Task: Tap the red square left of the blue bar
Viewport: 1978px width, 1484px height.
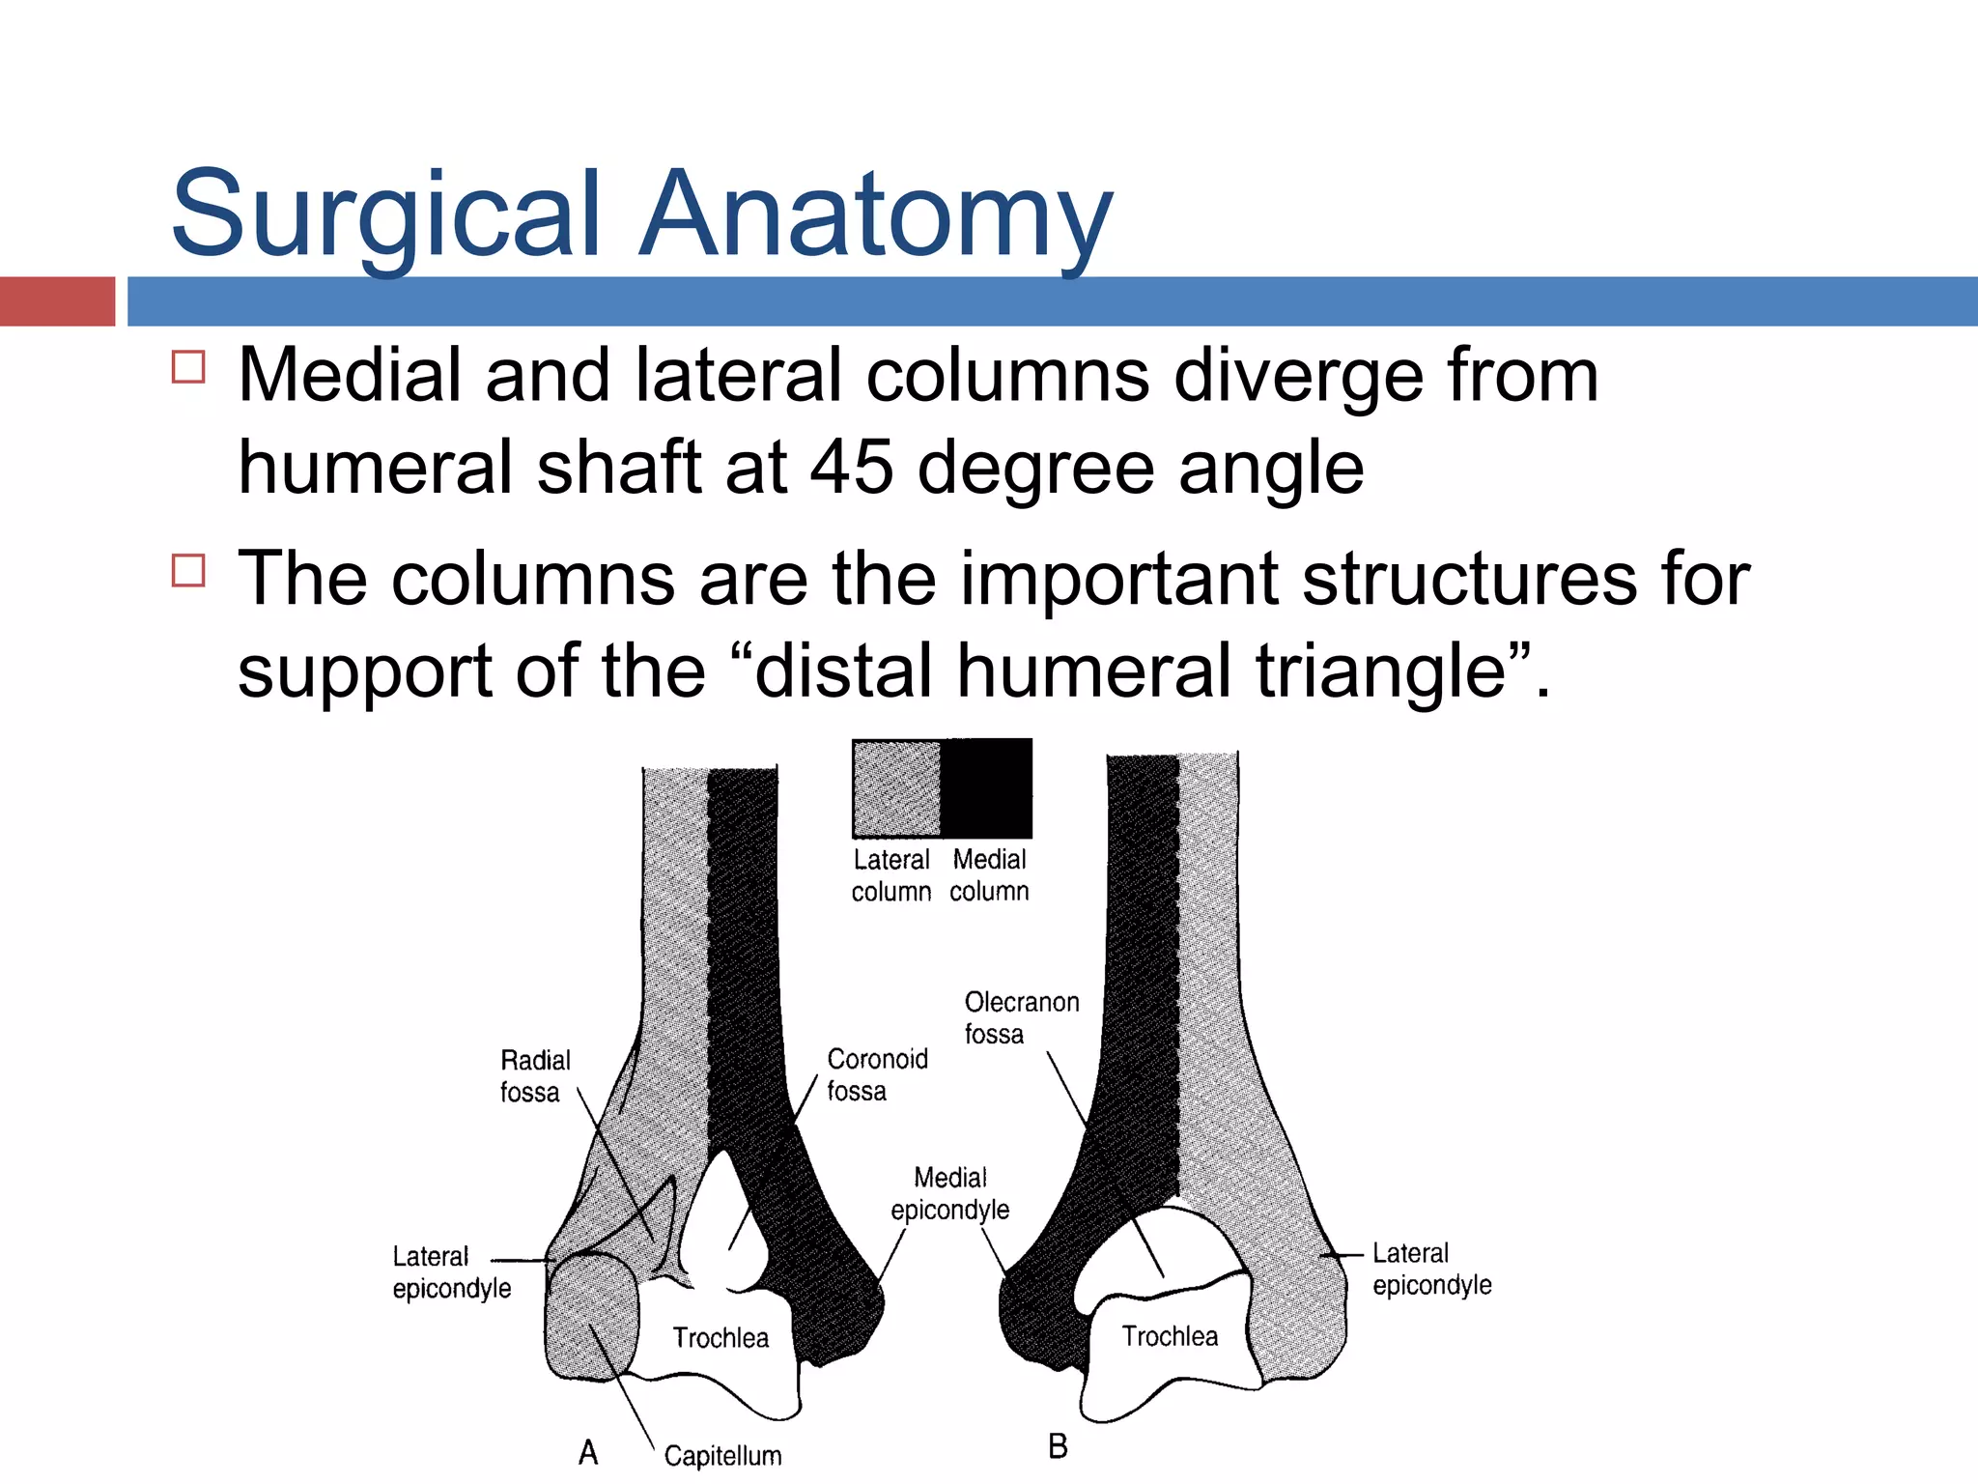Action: (x=57, y=300)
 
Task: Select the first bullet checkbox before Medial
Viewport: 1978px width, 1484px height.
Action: (x=188, y=367)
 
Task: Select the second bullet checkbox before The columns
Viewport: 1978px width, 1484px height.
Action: (x=188, y=570)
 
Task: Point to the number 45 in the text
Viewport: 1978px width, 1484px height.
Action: (x=851, y=468)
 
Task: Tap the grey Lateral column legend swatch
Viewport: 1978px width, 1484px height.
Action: (x=896, y=788)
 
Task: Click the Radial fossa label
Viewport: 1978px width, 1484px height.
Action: (x=534, y=1076)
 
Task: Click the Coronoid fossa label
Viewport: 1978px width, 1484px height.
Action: (x=876, y=1074)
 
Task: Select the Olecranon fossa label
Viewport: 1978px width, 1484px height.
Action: (x=1021, y=1017)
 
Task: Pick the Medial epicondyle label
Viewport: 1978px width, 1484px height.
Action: (x=949, y=1193)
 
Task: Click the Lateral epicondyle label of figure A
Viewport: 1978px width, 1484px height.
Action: (x=451, y=1271)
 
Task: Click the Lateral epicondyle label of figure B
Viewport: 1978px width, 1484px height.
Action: (x=1431, y=1269)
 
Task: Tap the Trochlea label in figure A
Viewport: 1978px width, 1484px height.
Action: (x=721, y=1338)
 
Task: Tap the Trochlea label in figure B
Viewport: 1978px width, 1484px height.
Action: (x=1170, y=1336)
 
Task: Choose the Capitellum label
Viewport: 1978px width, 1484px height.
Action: (x=722, y=1456)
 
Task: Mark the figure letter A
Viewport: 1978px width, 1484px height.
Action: (x=588, y=1452)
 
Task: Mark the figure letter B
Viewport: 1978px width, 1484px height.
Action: (x=1058, y=1446)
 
